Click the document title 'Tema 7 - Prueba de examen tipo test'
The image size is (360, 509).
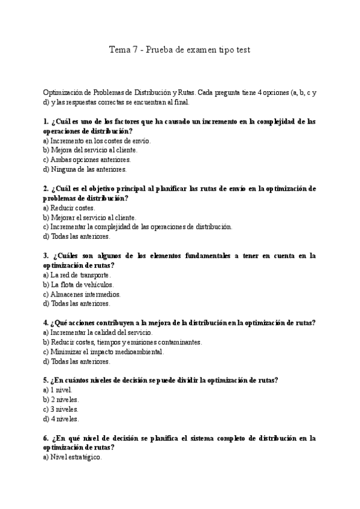pos(179,50)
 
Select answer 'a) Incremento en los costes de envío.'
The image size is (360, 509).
pos(97,140)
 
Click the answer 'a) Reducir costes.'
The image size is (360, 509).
pos(69,208)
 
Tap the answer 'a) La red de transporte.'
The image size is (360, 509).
pos(77,275)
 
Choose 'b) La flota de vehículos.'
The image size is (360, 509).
pos(78,285)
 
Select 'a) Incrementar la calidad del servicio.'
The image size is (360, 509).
pos(98,333)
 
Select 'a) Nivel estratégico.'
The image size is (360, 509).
pos(73,457)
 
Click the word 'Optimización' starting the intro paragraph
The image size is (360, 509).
pos(63,92)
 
